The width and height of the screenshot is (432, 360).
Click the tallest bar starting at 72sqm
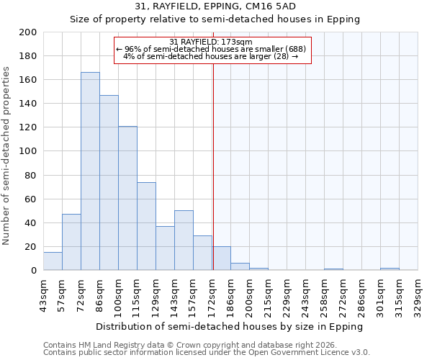tap(90, 171)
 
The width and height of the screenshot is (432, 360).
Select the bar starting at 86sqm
tap(109, 183)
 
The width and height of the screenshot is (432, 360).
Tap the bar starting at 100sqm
tap(127, 198)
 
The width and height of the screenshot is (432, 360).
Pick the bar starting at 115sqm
tap(146, 226)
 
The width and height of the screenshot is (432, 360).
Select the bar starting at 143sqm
tap(184, 240)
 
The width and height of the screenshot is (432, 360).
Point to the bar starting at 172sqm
tap(221, 258)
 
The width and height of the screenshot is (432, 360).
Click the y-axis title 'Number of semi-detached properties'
tap(7, 156)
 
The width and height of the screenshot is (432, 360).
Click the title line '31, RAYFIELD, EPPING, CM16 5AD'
tap(215, 6)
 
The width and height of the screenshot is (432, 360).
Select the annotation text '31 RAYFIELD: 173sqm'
tap(211, 42)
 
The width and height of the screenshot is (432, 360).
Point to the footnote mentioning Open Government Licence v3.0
tap(207, 352)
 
